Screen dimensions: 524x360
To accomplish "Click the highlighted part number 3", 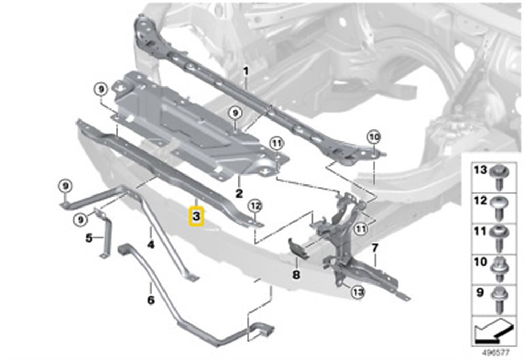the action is (196, 216).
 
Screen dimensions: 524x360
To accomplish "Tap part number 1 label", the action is (246, 71).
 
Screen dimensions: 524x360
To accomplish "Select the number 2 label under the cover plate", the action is (239, 193).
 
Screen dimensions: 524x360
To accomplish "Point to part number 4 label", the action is (151, 245).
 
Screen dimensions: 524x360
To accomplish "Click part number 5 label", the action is (89, 238).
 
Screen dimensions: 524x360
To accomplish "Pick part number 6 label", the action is (151, 300).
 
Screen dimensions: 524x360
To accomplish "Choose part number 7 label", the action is (375, 248).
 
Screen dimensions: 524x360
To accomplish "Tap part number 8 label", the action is (296, 275).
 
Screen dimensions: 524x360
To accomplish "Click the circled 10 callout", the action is (374, 137).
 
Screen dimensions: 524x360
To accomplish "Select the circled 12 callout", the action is (255, 206).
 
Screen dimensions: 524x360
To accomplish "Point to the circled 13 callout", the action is (358, 292).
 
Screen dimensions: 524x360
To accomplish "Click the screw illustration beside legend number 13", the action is (499, 178).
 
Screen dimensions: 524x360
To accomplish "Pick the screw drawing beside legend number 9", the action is (499, 300).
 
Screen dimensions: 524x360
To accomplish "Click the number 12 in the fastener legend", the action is (481, 201).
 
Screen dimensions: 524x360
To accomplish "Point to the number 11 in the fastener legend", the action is (481, 231).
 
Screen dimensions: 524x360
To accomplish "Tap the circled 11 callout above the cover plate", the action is (276, 144).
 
